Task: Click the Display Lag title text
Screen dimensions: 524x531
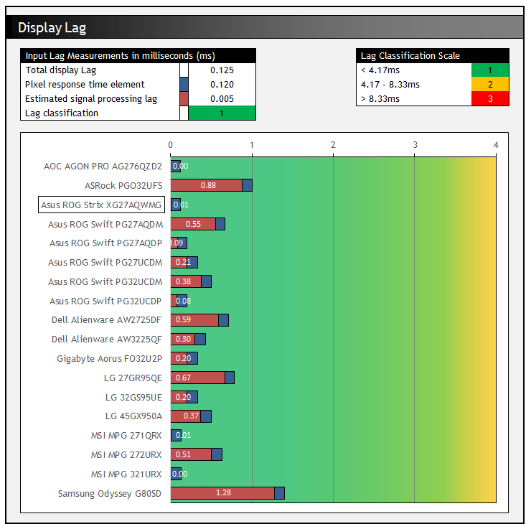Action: (x=52, y=28)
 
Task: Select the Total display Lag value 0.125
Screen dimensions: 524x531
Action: (x=222, y=70)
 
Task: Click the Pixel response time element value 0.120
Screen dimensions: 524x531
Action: (x=222, y=85)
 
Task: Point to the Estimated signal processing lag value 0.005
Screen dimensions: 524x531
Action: (x=222, y=99)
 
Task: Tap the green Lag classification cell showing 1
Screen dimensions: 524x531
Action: (x=222, y=113)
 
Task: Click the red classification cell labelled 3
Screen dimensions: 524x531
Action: (x=490, y=99)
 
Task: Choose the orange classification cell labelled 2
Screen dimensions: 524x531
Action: (x=490, y=85)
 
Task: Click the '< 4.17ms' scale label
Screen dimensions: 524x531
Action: (x=380, y=70)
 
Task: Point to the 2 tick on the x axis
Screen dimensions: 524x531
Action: (x=333, y=145)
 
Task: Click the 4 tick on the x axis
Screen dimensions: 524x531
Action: (x=496, y=145)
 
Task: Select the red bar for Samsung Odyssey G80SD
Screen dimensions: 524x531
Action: (x=222, y=493)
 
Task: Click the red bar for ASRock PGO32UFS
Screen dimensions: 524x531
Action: (x=207, y=185)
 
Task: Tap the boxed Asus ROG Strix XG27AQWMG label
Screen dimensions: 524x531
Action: (x=101, y=205)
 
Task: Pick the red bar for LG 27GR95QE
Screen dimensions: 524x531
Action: (x=198, y=378)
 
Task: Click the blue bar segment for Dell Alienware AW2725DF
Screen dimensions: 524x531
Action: (x=223, y=320)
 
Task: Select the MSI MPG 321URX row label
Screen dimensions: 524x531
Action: (x=126, y=474)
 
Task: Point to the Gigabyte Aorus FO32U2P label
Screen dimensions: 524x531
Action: (x=110, y=358)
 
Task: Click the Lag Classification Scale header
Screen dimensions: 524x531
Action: (x=410, y=56)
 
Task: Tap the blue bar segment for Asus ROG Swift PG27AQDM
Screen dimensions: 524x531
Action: (x=220, y=224)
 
